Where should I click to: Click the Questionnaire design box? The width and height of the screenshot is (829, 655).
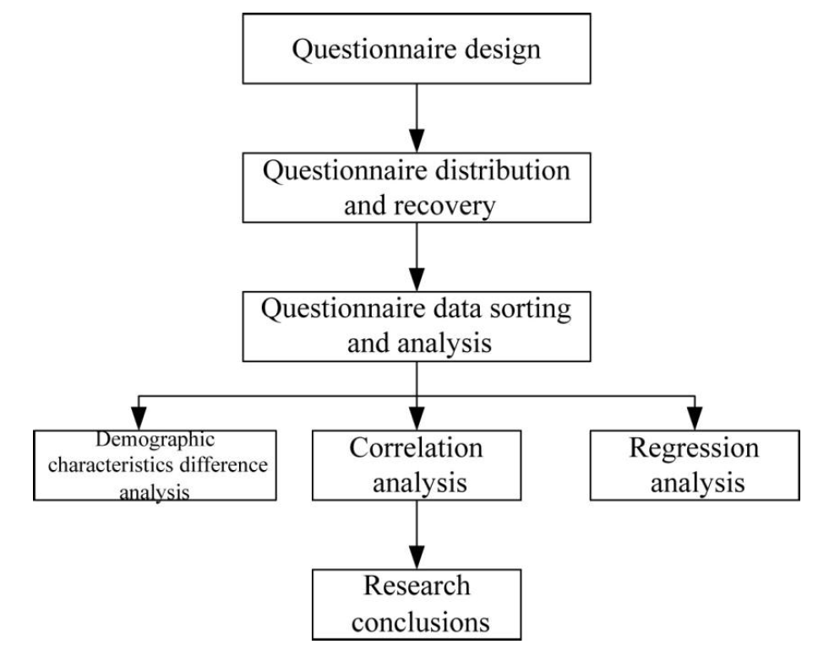click(x=414, y=50)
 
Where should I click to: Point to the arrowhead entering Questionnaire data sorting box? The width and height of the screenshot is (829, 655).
click(x=414, y=276)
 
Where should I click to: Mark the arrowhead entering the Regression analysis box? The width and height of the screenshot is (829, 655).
click(x=694, y=419)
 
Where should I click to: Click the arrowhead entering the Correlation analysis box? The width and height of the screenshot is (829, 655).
click(x=414, y=419)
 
